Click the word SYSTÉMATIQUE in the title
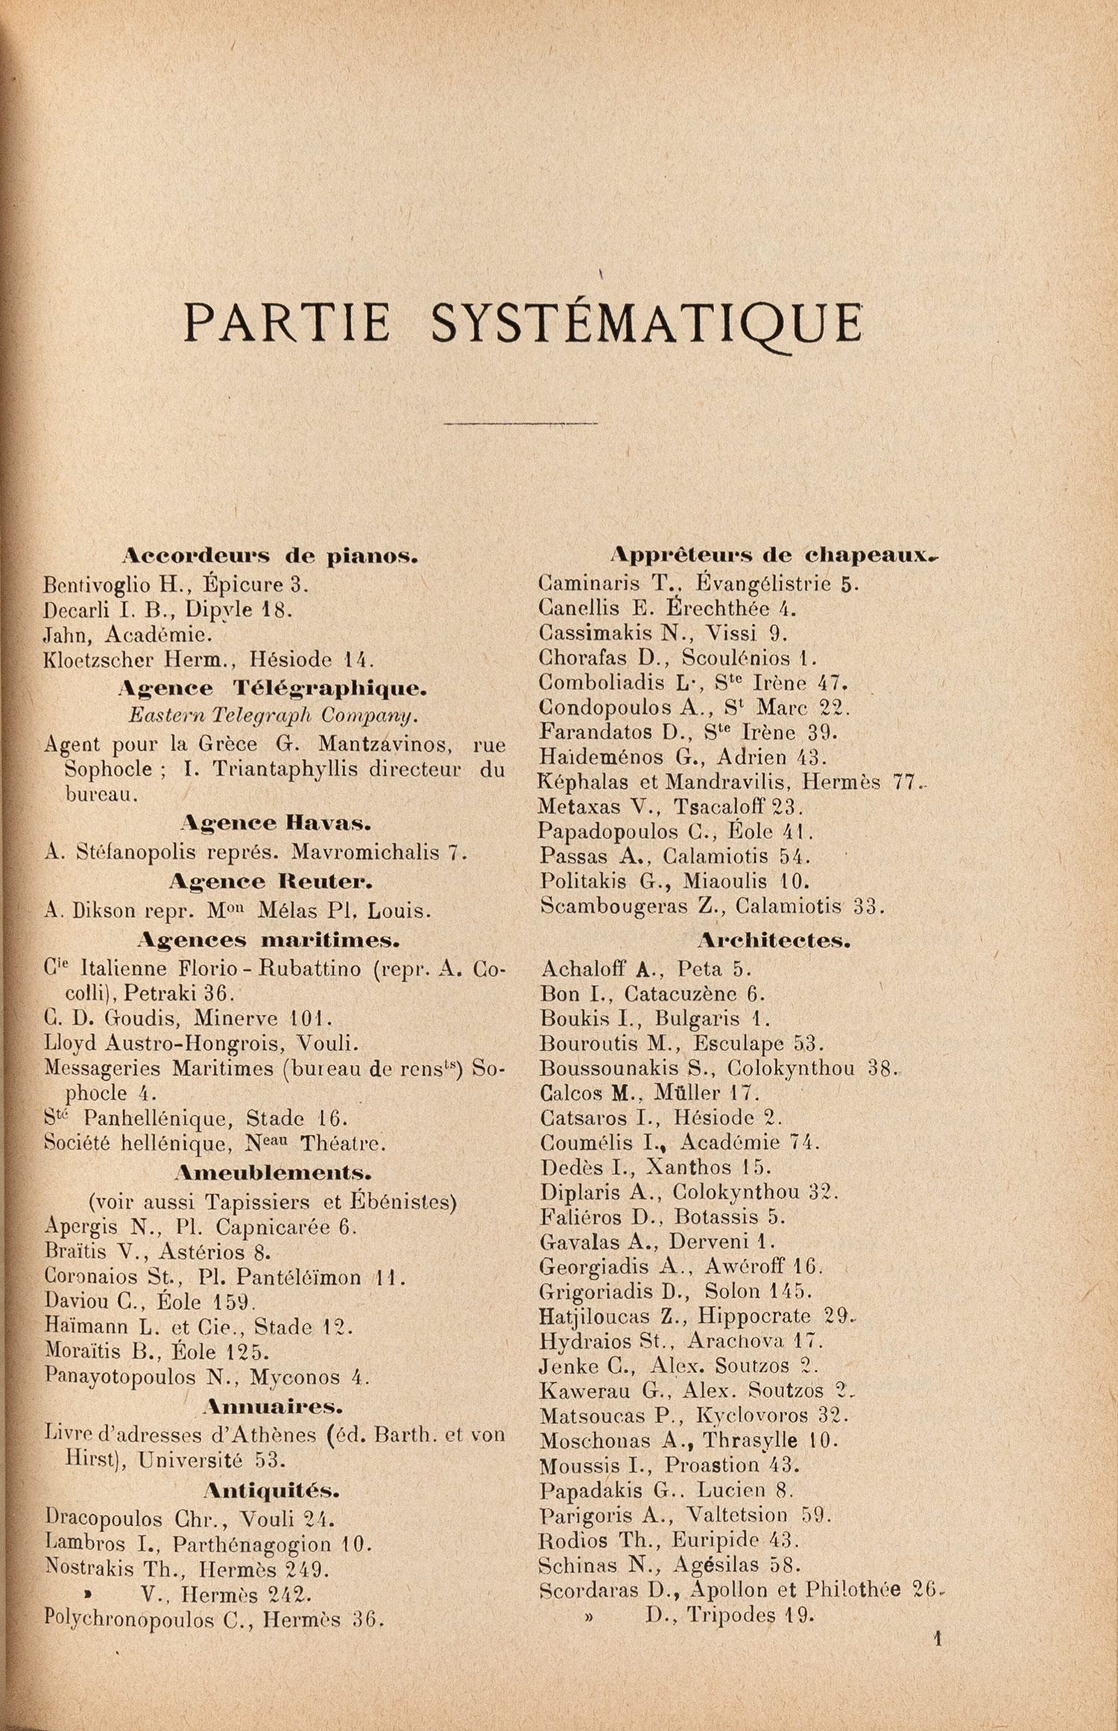click(646, 322)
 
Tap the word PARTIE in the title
click(287, 322)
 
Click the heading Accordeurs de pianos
click(270, 556)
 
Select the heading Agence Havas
click(276, 823)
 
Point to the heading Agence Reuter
click(271, 882)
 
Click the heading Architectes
click(774, 940)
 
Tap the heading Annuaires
click(273, 1406)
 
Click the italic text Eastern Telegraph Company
click(273, 715)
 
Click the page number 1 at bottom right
click(938, 1639)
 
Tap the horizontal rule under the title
click(520, 423)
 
